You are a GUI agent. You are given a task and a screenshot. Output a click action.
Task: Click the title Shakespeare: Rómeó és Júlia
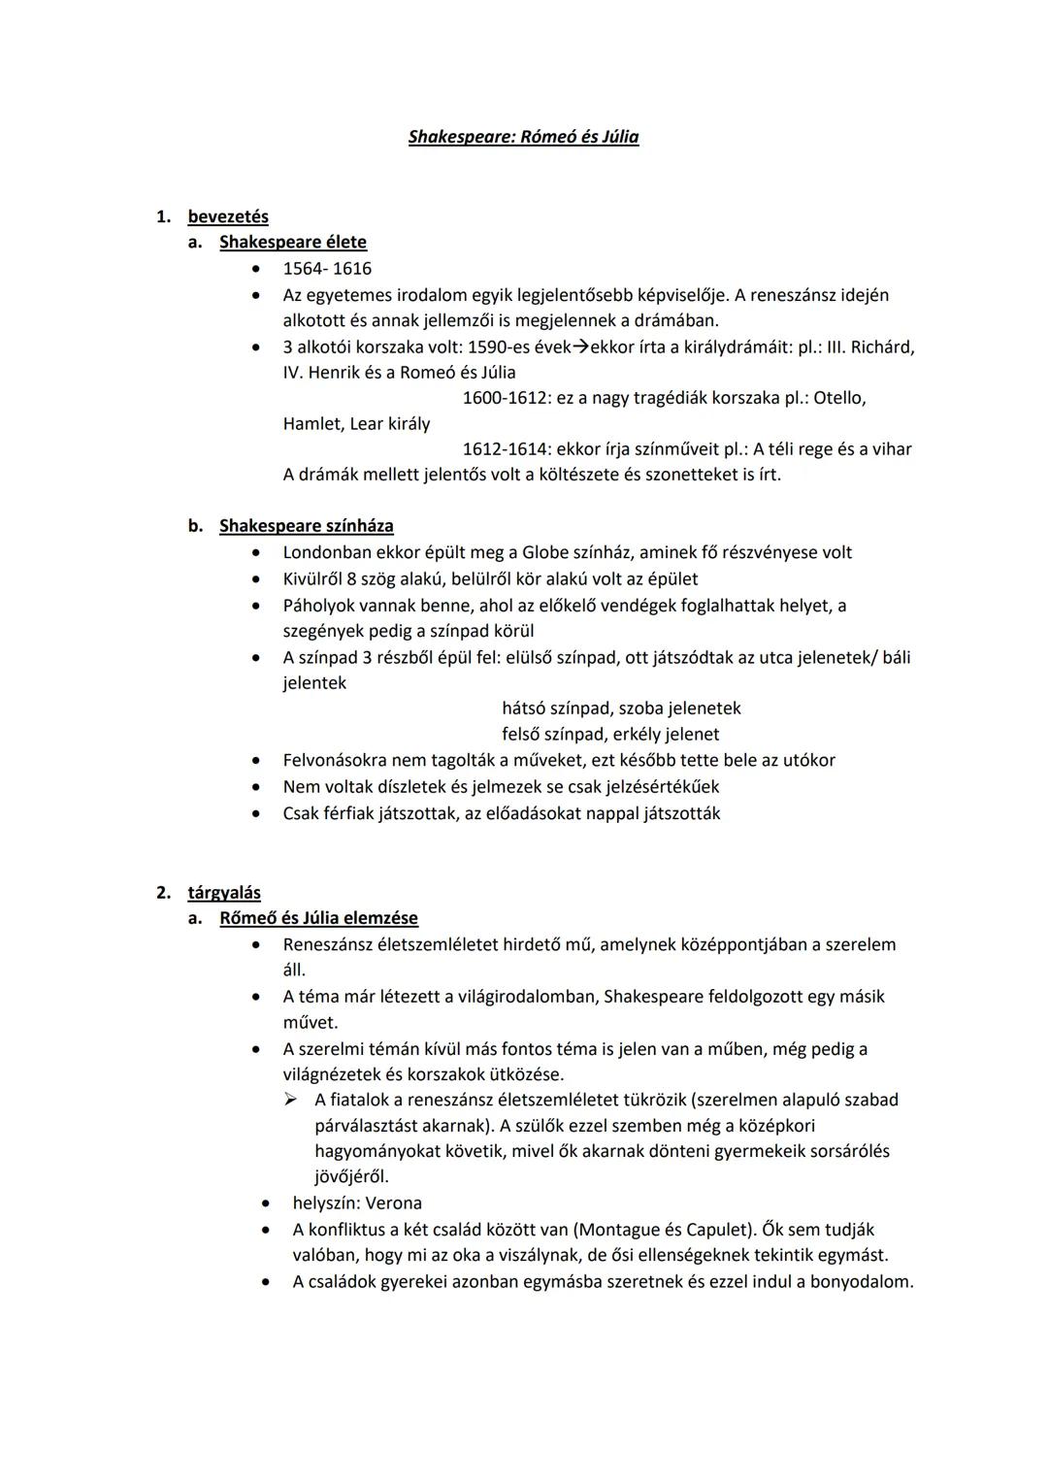point(523,137)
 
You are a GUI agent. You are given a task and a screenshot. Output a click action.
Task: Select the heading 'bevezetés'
point(228,216)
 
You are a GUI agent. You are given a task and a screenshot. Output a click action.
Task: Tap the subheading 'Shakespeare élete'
point(293,242)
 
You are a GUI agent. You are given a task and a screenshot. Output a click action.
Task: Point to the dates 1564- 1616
point(327,269)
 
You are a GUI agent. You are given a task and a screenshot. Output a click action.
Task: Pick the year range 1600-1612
point(506,398)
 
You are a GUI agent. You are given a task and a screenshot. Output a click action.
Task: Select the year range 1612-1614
point(506,449)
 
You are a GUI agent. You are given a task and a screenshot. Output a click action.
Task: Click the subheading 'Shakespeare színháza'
point(307,526)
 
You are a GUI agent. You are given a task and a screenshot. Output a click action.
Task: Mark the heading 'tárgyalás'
point(224,893)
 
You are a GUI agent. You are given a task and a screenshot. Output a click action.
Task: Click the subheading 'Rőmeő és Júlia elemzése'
point(318,918)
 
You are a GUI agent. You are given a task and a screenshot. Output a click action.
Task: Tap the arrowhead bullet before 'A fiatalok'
point(289,1100)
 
